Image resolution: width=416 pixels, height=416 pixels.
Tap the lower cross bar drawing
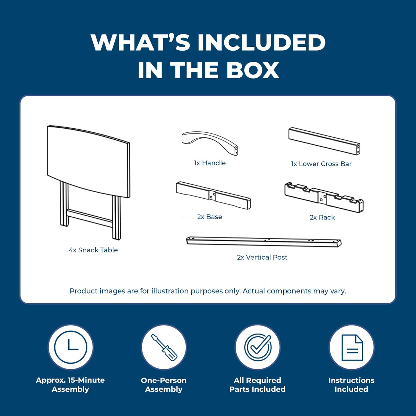pos(324,141)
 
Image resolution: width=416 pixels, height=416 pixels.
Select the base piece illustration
pos(213,195)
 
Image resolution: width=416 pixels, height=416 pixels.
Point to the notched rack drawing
pos(324,197)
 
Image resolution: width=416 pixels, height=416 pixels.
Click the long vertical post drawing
pos(264,242)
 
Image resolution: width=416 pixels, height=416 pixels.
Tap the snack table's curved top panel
pos(88,162)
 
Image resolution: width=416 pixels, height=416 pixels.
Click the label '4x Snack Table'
pos(93,250)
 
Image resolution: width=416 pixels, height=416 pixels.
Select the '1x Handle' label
pos(210,163)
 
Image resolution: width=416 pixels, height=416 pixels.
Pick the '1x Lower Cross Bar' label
pos(321,164)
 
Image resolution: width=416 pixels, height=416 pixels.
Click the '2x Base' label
pos(209,217)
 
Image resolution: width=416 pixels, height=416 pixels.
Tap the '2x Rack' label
pos(322,217)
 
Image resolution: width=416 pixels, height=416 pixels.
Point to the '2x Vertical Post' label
pos(262,257)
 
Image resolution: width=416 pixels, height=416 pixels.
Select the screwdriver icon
pos(164,347)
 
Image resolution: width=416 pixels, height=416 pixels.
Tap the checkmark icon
pos(258,347)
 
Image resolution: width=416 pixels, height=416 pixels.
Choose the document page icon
pos(352,348)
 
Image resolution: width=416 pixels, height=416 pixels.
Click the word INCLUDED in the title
pos(261,42)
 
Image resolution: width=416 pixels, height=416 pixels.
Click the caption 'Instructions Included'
pos(351,385)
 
